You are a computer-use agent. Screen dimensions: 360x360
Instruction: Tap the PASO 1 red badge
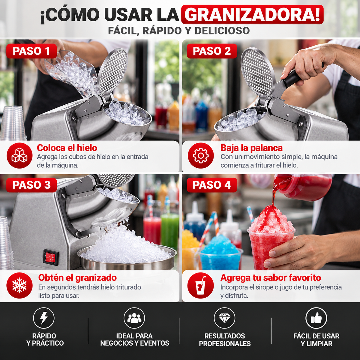click(x=31, y=51)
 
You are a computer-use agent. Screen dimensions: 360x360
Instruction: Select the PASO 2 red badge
click(x=212, y=51)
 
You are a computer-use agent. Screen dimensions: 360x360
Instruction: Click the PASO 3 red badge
click(x=31, y=185)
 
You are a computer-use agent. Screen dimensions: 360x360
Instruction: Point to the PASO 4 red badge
click(x=212, y=185)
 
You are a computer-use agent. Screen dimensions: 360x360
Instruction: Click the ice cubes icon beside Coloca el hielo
click(x=19, y=155)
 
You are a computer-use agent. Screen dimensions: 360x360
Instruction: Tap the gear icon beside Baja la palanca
click(x=201, y=155)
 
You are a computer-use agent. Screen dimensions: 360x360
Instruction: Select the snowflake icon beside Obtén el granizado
click(x=19, y=285)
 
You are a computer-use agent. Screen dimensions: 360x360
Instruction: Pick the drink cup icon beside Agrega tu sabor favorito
click(x=200, y=285)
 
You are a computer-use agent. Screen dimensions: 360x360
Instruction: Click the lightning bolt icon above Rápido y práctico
click(x=44, y=318)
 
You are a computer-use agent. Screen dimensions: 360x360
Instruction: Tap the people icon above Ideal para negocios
click(x=134, y=318)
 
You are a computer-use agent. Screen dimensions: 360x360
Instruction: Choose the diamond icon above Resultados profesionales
click(x=224, y=318)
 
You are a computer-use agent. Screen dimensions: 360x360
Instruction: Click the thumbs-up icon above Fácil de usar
click(x=316, y=318)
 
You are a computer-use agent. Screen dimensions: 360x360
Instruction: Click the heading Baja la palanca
click(x=251, y=148)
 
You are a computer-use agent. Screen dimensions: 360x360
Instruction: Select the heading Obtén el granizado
click(x=77, y=278)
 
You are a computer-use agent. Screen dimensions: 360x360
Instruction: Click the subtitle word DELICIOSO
click(x=222, y=31)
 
